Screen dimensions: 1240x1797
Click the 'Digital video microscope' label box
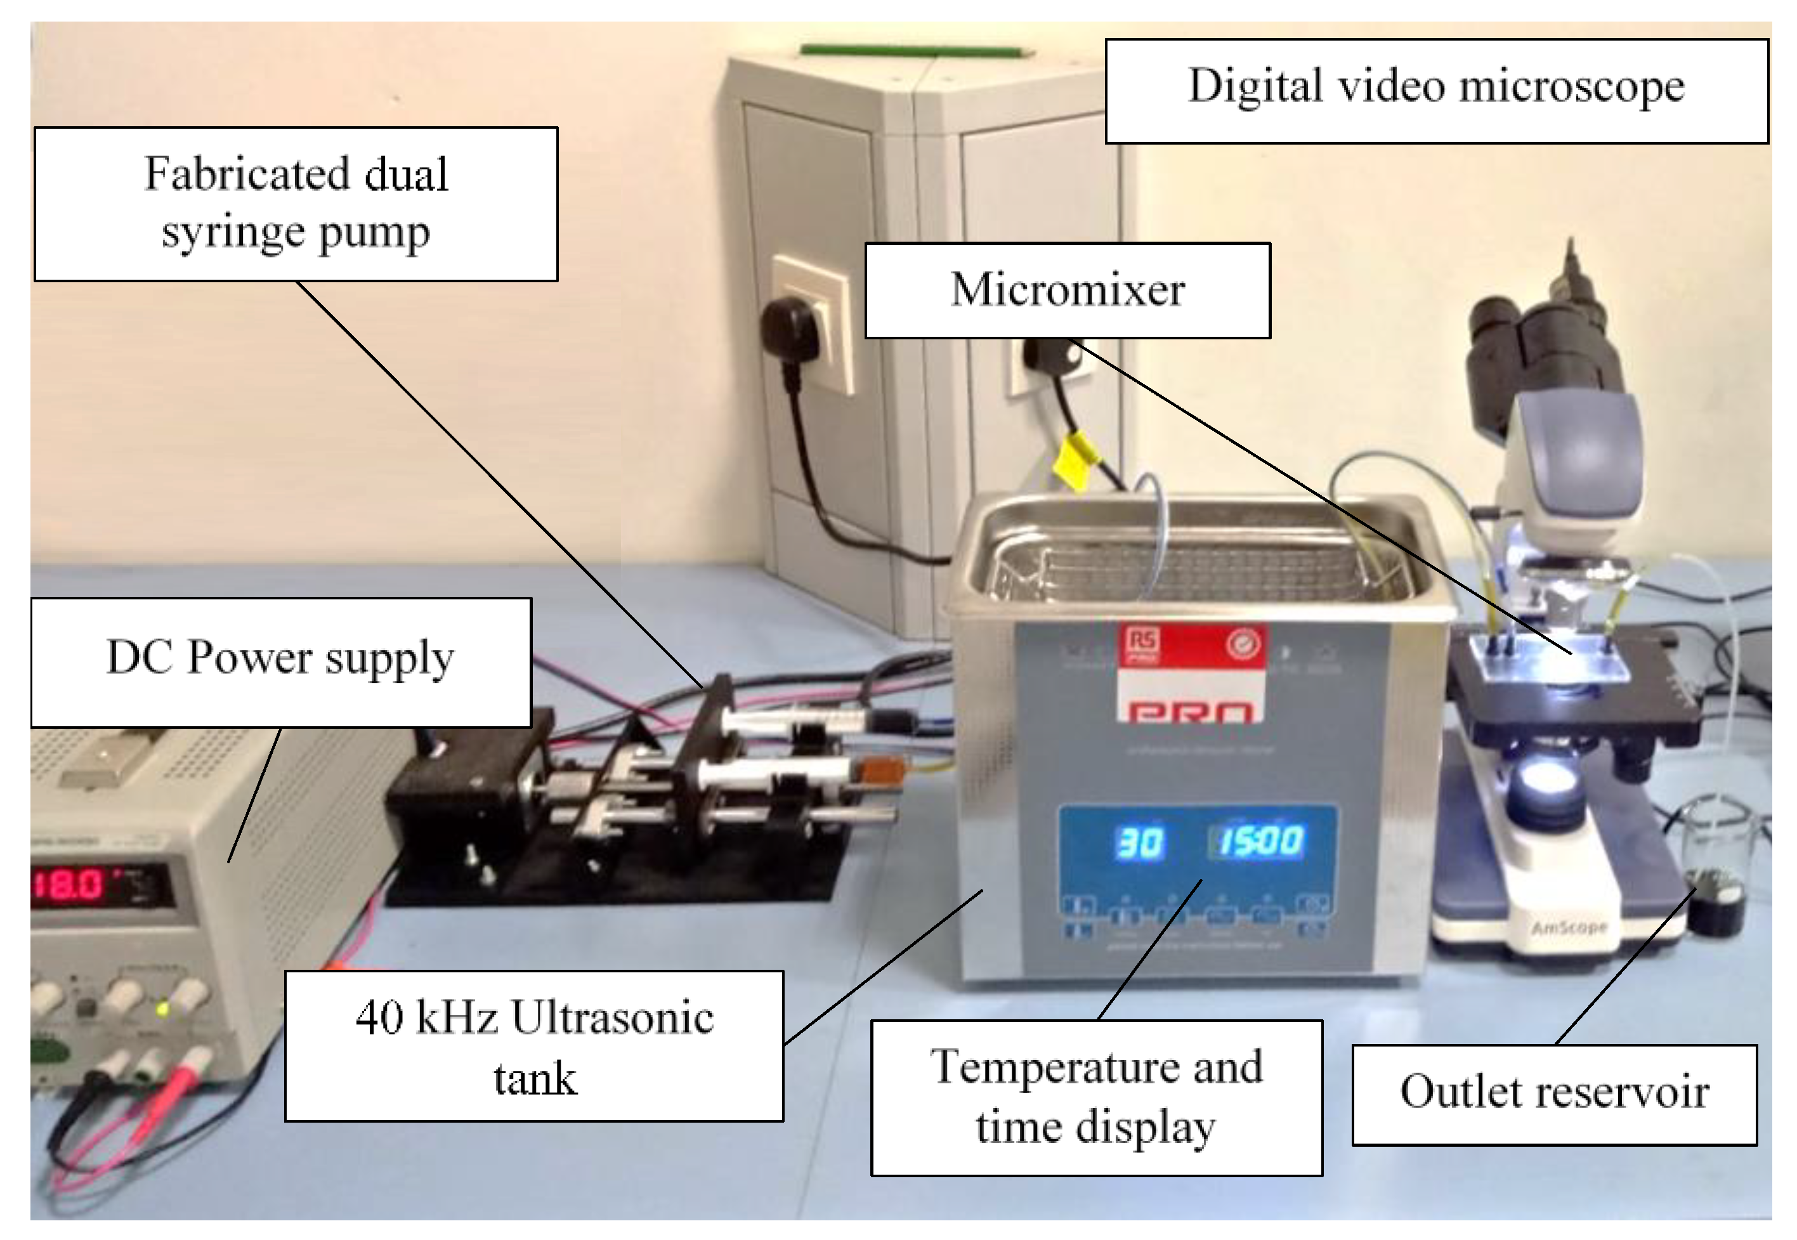pyautogui.click(x=1435, y=90)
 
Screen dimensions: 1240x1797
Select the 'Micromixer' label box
pyautogui.click(x=1067, y=290)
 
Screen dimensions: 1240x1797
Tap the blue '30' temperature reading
pyautogui.click(x=1139, y=842)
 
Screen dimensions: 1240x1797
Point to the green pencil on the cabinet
pyautogui.click(x=917, y=51)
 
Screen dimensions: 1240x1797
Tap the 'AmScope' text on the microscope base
pyautogui.click(x=1569, y=927)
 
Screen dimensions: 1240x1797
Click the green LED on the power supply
pyautogui.click(x=162, y=1009)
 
